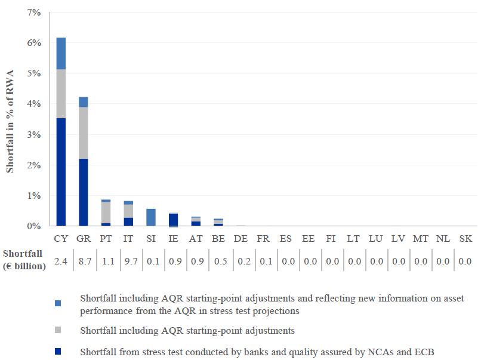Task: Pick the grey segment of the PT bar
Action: (106, 212)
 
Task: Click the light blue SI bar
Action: (151, 217)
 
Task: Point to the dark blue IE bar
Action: (173, 220)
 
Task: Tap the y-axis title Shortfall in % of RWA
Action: (10, 119)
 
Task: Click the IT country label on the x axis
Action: (128, 239)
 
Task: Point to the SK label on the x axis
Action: (465, 239)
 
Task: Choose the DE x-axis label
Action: (240, 239)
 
